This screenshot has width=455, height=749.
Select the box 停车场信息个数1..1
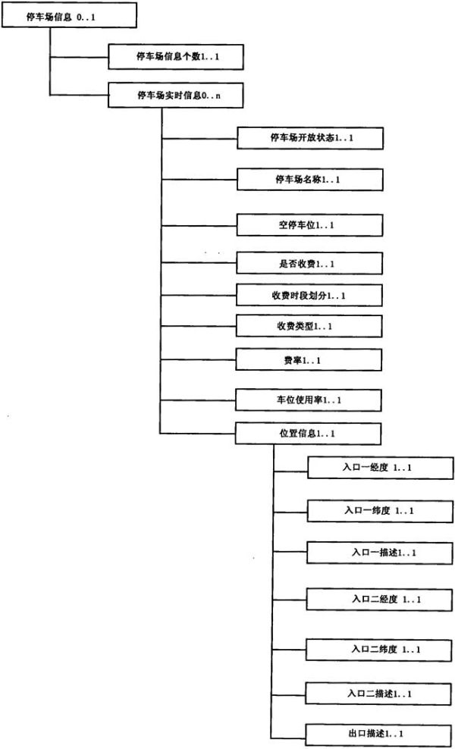pyautogui.click(x=177, y=57)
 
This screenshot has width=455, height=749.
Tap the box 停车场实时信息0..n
pyautogui.click(x=177, y=96)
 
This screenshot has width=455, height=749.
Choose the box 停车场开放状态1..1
pyautogui.click(x=310, y=138)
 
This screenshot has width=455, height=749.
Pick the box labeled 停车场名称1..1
pyautogui.click(x=310, y=180)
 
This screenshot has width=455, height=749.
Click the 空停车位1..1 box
pyautogui.click(x=309, y=225)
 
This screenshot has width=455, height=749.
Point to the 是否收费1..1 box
pyautogui.click(x=309, y=263)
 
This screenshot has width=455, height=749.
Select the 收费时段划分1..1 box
pyautogui.click(x=309, y=295)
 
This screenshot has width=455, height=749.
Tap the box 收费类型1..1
pyautogui.click(x=309, y=327)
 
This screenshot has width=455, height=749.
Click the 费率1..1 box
pyautogui.click(x=309, y=360)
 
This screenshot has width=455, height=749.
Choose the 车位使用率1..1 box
pyautogui.click(x=309, y=400)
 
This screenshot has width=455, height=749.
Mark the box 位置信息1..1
pyautogui.click(x=309, y=434)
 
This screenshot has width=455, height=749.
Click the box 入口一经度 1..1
pyautogui.click(x=380, y=468)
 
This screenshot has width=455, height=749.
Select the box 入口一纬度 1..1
pyautogui.click(x=380, y=511)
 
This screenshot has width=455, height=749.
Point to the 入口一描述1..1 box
pyautogui.click(x=379, y=552)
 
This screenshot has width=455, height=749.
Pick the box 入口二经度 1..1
pyautogui.click(x=379, y=599)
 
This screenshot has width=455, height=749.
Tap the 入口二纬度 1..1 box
pyautogui.click(x=379, y=649)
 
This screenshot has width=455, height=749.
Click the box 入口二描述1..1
pyautogui.click(x=379, y=693)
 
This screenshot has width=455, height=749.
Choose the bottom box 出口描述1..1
pyautogui.click(x=378, y=735)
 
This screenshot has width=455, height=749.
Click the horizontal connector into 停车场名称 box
pyautogui.click(x=199, y=180)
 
